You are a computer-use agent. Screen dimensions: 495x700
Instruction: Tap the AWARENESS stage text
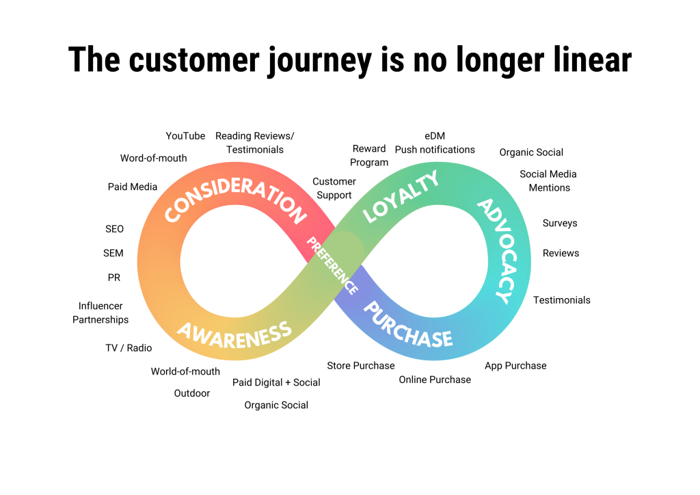(234, 333)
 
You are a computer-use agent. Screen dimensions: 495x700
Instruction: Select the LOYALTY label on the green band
(401, 196)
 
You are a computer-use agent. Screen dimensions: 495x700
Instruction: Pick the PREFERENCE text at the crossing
(332, 265)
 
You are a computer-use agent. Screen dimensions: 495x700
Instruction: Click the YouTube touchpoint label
(185, 136)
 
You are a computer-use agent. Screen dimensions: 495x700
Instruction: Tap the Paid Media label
(133, 187)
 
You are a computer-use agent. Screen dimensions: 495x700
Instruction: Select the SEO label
(115, 229)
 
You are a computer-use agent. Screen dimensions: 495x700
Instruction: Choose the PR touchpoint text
(114, 278)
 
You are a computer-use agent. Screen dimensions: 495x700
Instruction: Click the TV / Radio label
(129, 348)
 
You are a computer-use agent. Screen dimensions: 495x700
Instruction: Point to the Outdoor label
(192, 393)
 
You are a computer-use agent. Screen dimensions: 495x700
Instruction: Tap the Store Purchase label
(361, 366)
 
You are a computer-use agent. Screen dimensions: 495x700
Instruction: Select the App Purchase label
(515, 366)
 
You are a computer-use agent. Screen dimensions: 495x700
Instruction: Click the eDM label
(435, 136)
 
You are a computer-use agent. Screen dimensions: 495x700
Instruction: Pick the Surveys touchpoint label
(560, 224)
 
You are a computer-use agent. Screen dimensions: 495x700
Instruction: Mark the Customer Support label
(334, 188)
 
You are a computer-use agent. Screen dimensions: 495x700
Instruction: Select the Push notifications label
(435, 150)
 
